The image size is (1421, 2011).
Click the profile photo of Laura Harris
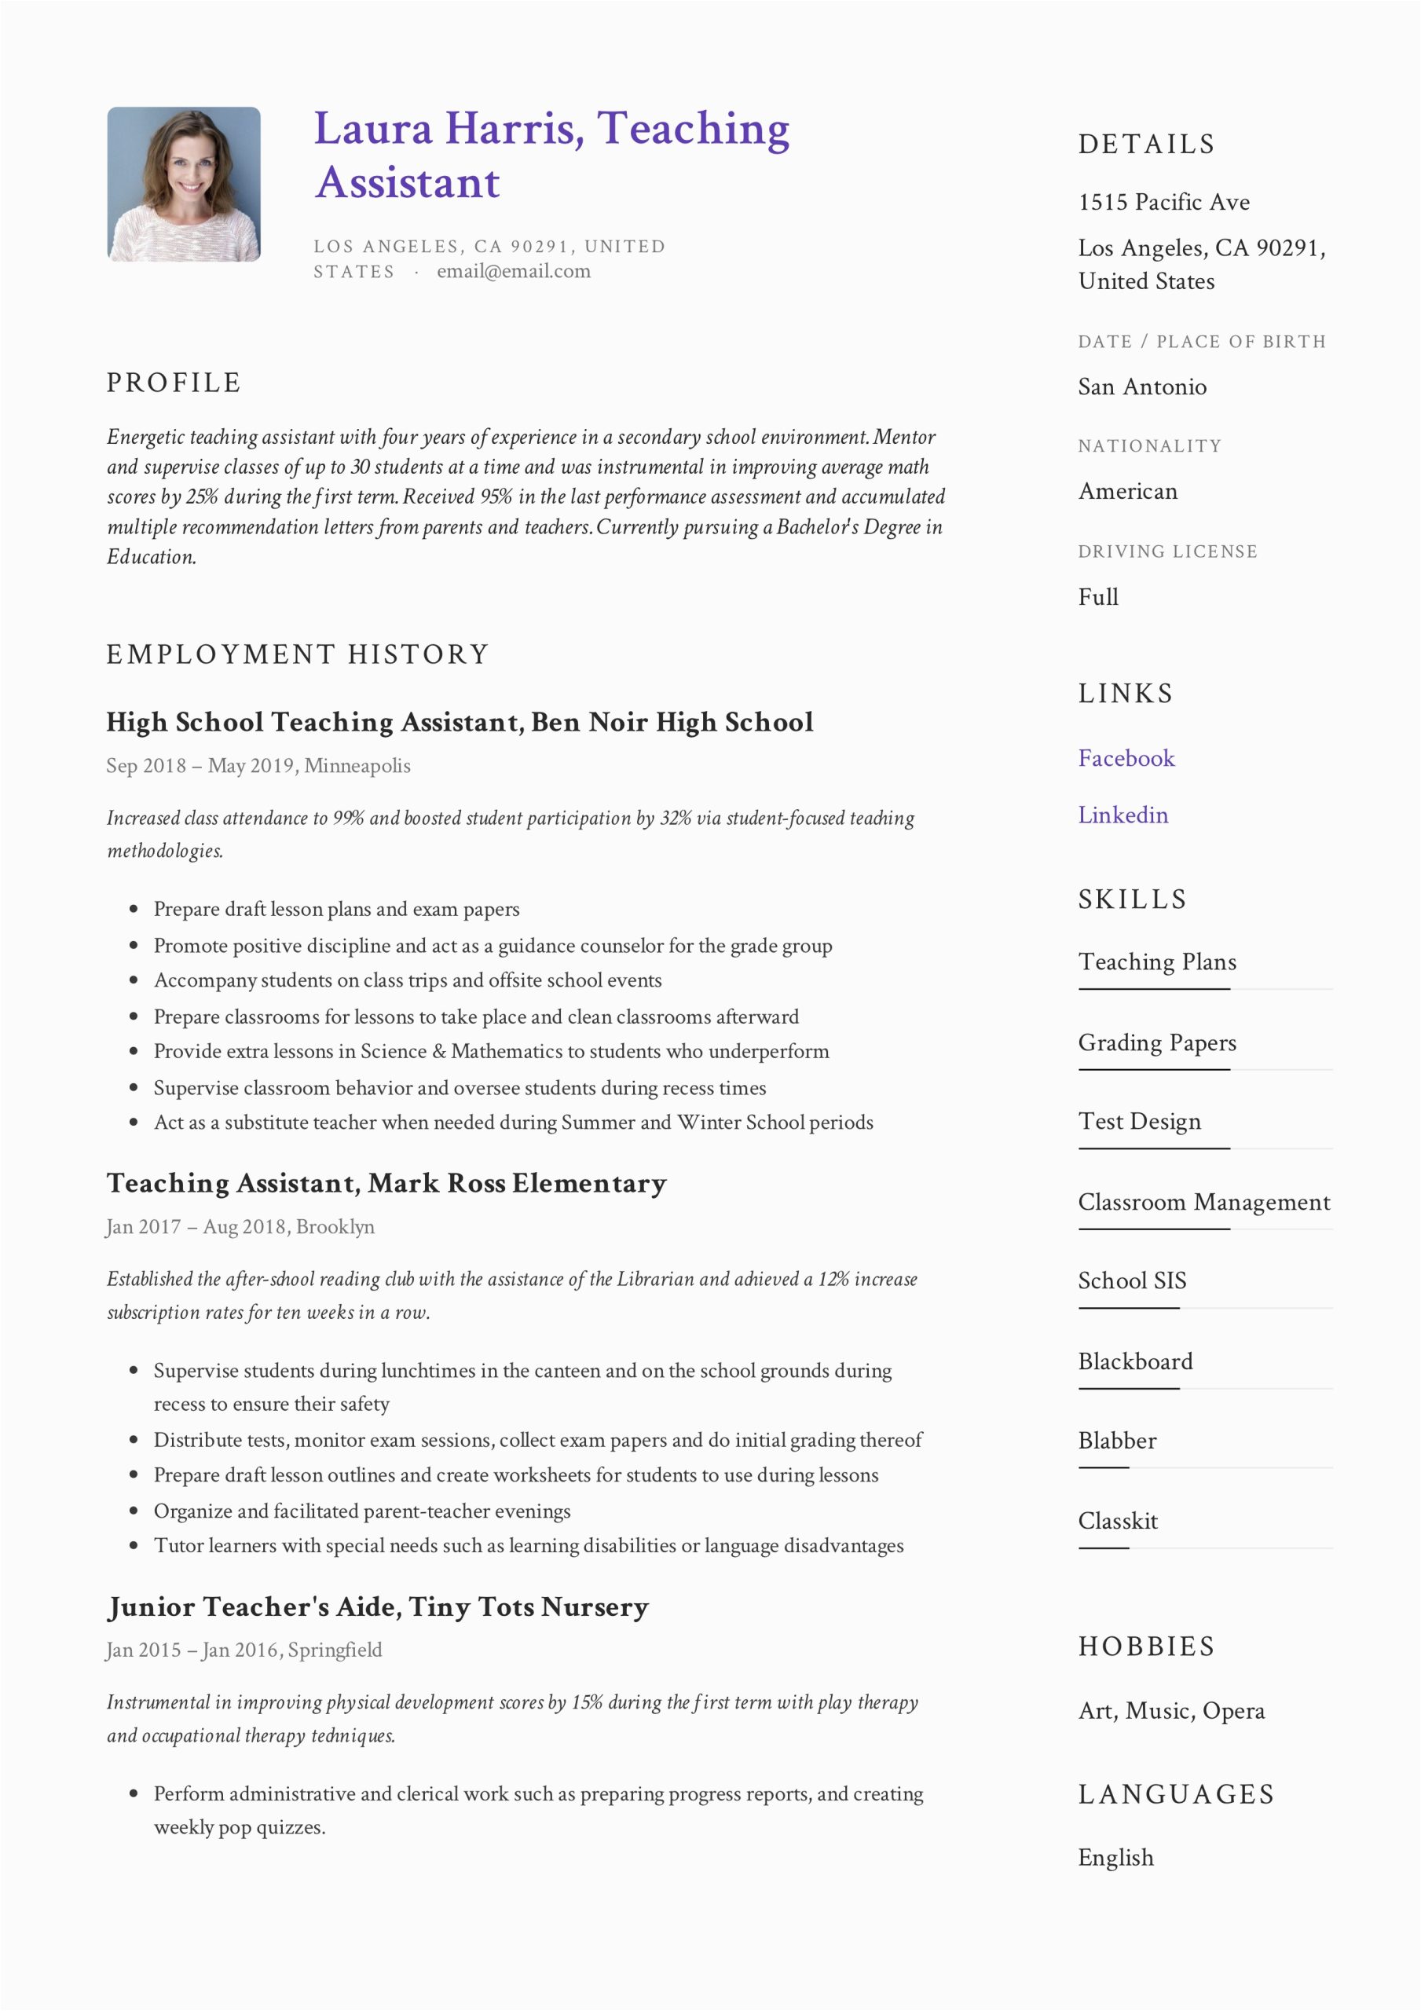point(183,184)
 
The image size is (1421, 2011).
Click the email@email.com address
point(514,272)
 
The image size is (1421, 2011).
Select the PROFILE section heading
point(174,383)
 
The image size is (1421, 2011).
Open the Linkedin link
point(1123,815)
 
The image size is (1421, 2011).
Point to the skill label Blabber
point(1117,1440)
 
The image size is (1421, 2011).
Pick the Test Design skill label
point(1139,1121)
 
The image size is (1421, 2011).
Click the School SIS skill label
point(1132,1280)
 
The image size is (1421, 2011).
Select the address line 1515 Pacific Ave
point(1163,203)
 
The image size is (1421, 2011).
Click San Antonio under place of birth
point(1141,386)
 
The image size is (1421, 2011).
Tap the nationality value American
point(1127,492)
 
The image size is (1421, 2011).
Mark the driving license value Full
point(1097,596)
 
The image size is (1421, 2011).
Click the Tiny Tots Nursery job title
point(378,1606)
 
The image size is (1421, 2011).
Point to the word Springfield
point(335,1650)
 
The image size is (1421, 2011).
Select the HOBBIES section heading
point(1146,1647)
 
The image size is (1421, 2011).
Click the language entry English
point(1115,1858)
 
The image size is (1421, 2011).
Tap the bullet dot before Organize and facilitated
point(134,1511)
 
